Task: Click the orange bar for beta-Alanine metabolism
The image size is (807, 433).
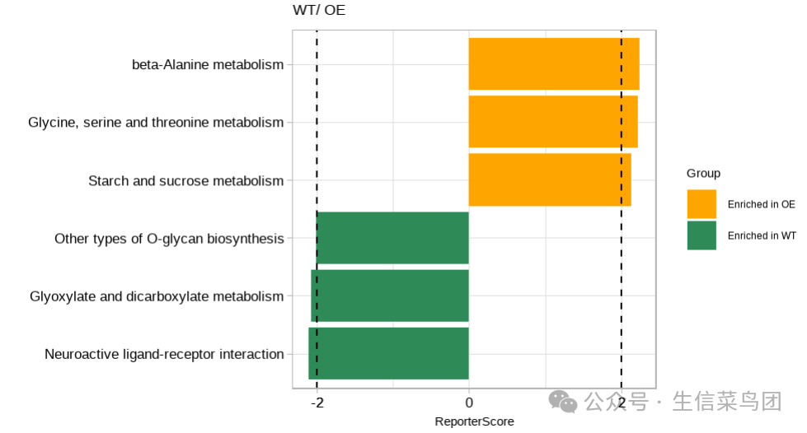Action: click(x=554, y=64)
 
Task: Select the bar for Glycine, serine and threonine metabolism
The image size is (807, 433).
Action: click(x=553, y=122)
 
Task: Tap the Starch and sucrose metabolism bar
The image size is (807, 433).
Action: click(x=550, y=180)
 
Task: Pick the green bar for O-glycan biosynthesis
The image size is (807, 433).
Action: click(x=392, y=238)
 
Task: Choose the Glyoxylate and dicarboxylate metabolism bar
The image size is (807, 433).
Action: click(x=390, y=296)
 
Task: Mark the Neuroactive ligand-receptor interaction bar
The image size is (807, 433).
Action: click(x=388, y=354)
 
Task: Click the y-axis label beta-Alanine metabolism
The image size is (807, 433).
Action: click(x=208, y=64)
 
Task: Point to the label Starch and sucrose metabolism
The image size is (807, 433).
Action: click(x=185, y=181)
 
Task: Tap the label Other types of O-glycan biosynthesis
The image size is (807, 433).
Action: click(x=169, y=239)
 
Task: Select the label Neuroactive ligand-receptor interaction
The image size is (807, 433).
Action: click(x=164, y=355)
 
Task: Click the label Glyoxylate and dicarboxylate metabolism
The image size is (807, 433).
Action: click(x=157, y=296)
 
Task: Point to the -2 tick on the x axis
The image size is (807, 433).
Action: click(x=317, y=403)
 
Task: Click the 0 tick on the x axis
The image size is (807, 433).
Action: click(x=469, y=403)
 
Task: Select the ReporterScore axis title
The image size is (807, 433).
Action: click(x=474, y=421)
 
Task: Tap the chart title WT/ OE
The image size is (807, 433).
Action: click(x=319, y=11)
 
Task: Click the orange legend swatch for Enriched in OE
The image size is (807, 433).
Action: click(x=701, y=204)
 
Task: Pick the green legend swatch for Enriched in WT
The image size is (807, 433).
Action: click(x=701, y=235)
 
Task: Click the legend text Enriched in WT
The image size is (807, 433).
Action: click(x=761, y=235)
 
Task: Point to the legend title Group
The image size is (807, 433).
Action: click(x=703, y=173)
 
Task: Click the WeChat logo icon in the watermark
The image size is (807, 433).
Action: click(x=564, y=402)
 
